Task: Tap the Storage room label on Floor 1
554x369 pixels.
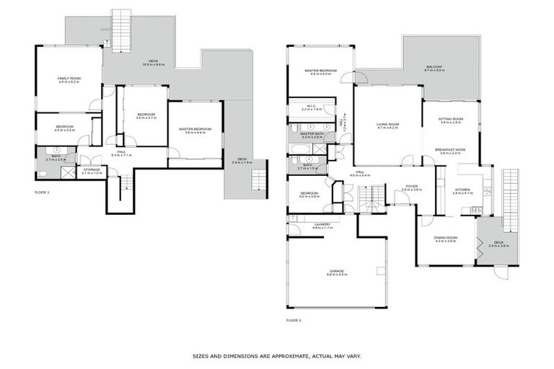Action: [x=92, y=170]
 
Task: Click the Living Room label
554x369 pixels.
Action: [x=387, y=124]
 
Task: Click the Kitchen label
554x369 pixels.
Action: [x=462, y=190]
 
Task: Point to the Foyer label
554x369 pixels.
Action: [x=411, y=186]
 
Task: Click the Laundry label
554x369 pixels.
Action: [x=322, y=224]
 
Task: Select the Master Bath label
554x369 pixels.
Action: [x=312, y=133]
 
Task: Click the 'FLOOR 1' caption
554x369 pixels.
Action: [x=43, y=193]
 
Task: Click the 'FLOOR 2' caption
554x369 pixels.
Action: [x=294, y=319]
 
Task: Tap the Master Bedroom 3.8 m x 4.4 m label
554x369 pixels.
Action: [x=195, y=130]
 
